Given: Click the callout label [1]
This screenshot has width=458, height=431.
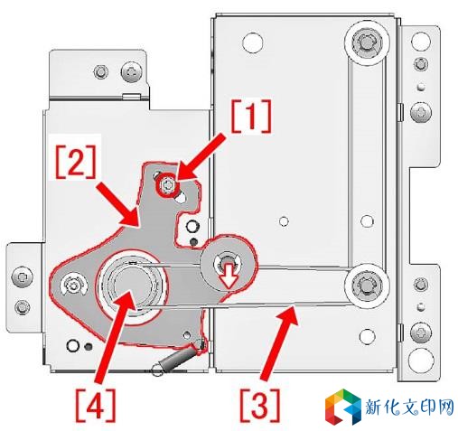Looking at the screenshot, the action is click(251, 116).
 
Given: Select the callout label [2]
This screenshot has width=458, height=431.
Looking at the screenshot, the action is click(76, 162).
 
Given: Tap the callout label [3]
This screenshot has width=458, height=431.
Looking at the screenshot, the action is click(259, 406).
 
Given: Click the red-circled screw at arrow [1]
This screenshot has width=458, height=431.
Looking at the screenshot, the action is click(165, 187).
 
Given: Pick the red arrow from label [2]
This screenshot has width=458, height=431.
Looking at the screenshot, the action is click(118, 205).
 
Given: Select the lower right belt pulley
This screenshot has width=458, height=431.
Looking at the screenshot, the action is click(366, 285).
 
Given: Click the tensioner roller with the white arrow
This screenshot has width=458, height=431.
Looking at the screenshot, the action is click(227, 264).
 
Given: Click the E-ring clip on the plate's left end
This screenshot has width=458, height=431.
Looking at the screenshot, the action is click(73, 286).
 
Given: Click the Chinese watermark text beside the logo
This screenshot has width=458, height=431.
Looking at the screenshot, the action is click(409, 407).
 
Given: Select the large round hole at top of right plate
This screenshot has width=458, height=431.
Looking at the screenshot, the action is click(252, 42).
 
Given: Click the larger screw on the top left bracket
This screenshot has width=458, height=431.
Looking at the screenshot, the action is click(132, 72).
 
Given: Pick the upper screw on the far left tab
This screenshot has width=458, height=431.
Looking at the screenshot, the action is click(22, 276).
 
